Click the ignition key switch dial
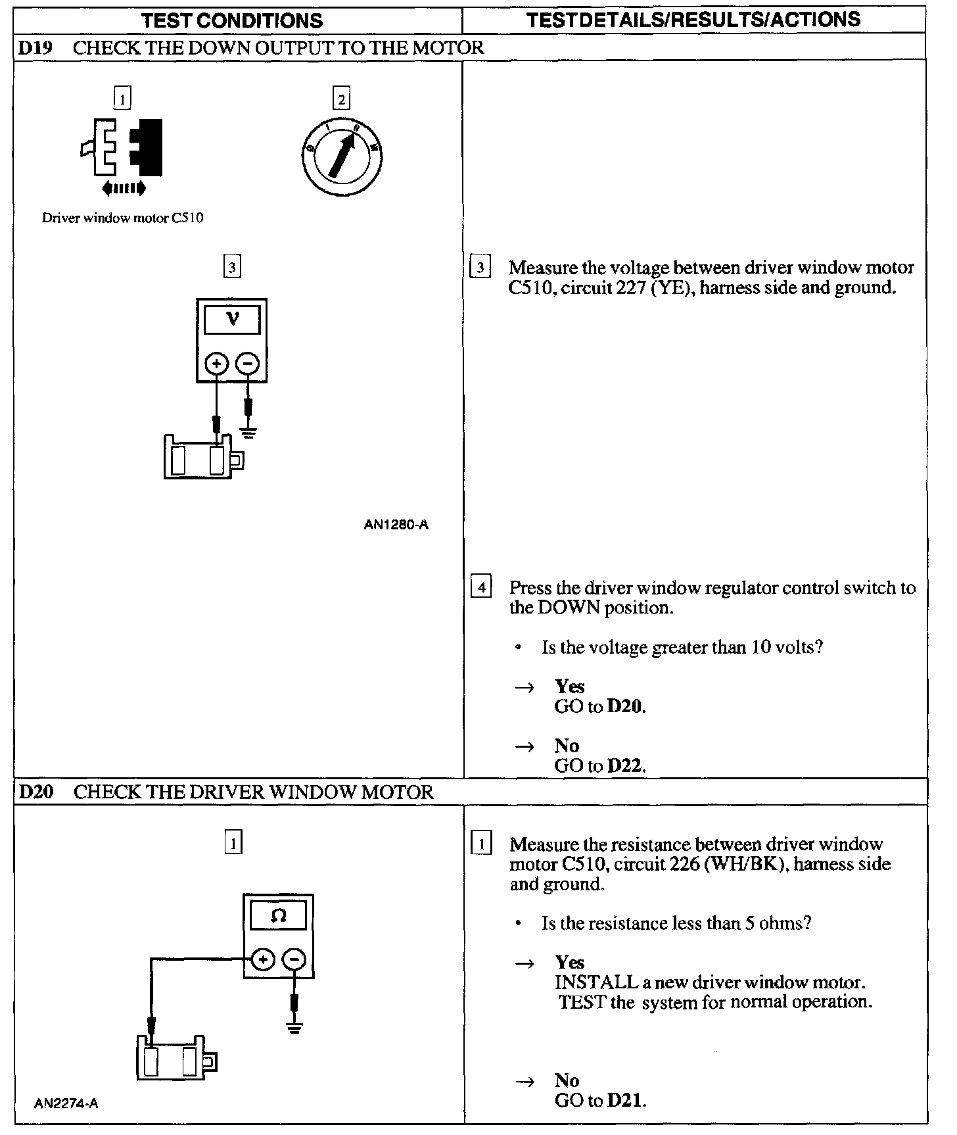point(342,157)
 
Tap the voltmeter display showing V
point(232,320)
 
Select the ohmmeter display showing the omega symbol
point(278,916)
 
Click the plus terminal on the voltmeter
point(217,363)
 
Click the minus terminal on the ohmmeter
point(294,960)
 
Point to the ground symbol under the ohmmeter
point(294,1027)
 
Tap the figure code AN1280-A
point(396,525)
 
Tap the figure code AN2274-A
point(66,1103)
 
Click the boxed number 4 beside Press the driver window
point(482,587)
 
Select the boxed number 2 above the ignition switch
point(341,99)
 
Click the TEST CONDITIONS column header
point(233,20)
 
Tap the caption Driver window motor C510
point(123,218)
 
